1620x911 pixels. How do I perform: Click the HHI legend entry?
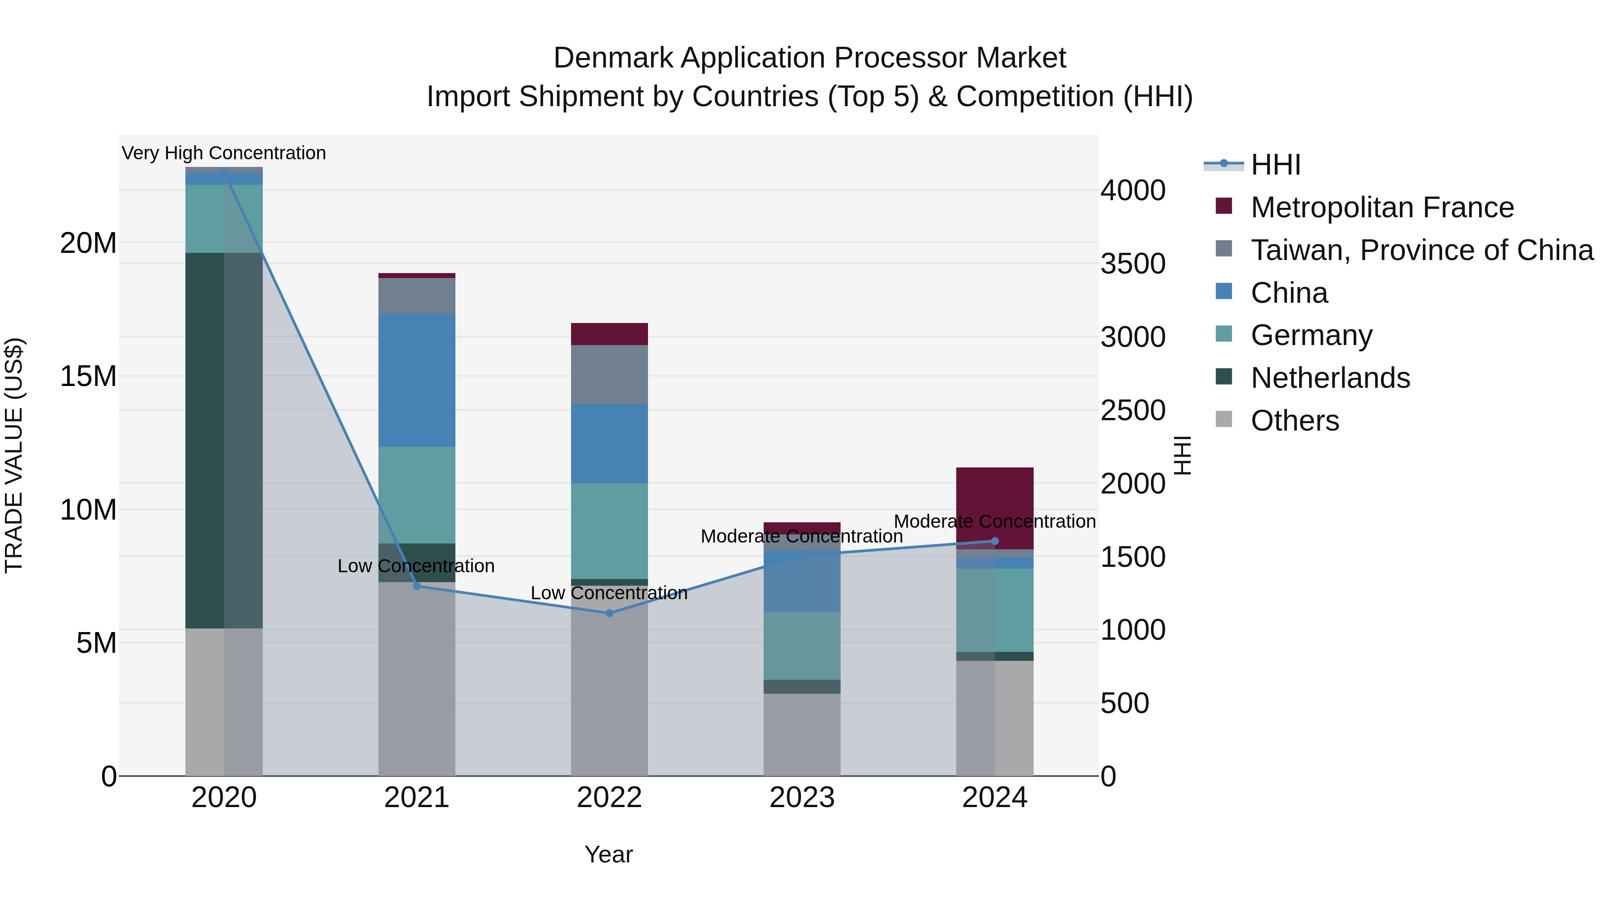click(1275, 165)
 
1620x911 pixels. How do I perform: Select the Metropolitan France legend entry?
click(1381, 207)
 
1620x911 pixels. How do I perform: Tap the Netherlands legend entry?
click(1330, 378)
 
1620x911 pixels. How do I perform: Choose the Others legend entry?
click(1294, 421)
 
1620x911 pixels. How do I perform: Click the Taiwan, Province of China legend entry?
click(1421, 250)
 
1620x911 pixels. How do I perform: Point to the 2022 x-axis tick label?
click(609, 798)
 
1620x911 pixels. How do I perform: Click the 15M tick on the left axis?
click(88, 376)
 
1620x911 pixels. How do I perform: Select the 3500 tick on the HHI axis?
click(1133, 264)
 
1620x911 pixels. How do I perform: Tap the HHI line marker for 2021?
click(416, 586)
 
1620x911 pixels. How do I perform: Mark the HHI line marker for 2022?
click(609, 613)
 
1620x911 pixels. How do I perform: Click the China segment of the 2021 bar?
click(416, 380)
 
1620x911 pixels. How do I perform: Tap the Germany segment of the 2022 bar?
click(609, 531)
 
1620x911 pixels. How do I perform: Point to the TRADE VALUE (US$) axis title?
click(14, 455)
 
